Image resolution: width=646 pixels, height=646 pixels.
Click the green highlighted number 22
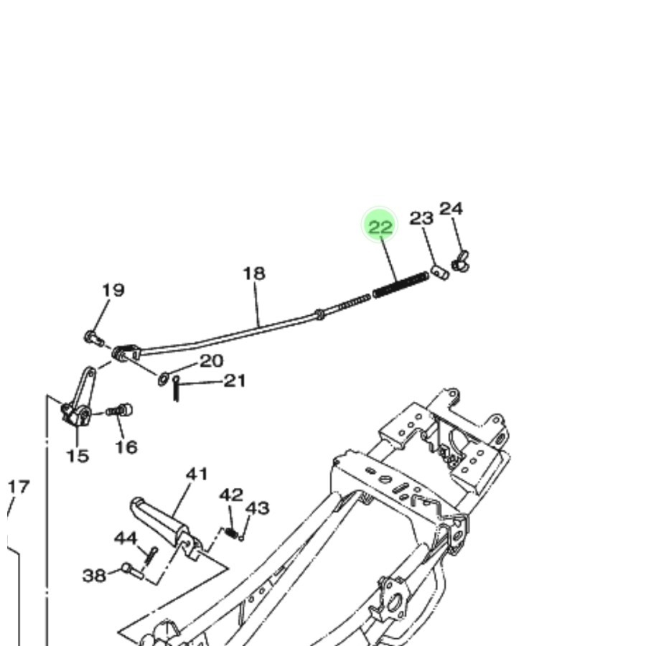[x=380, y=227]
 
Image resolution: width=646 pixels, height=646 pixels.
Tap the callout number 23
[x=421, y=218]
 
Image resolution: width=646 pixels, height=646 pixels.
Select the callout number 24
[x=451, y=209]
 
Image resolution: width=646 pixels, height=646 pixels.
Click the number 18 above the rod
[x=253, y=273]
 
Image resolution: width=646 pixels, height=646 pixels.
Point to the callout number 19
[x=113, y=291]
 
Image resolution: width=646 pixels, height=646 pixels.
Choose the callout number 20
[x=211, y=361]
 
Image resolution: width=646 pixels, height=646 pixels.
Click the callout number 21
[x=235, y=380]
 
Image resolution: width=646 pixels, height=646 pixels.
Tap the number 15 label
[x=78, y=456]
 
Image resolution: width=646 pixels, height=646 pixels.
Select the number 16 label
[x=126, y=447]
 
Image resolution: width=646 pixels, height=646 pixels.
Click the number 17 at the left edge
[x=18, y=487]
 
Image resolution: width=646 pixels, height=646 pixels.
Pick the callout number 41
[x=197, y=474]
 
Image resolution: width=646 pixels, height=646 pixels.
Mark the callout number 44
[x=126, y=538]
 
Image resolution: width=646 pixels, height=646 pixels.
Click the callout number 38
[x=94, y=575]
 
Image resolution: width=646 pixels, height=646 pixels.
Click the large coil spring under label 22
[x=401, y=284]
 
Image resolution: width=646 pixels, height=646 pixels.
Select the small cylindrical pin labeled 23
[x=440, y=272]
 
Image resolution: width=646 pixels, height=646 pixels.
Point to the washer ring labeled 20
[x=164, y=378]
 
